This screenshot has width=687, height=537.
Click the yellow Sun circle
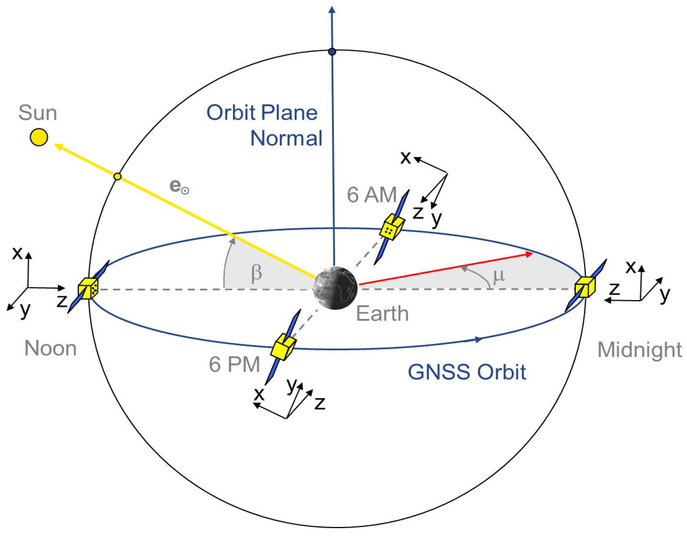tap(39, 137)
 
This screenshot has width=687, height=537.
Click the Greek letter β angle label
tap(256, 273)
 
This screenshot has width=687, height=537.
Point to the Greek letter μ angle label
tap(499, 276)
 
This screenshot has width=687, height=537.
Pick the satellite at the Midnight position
tap(585, 287)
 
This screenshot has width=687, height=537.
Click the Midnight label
tap(639, 350)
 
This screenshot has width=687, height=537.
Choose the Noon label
tap(51, 349)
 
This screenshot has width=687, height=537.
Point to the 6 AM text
tap(372, 195)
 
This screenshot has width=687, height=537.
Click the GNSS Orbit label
tap(467, 372)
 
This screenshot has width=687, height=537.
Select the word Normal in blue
tap(286, 138)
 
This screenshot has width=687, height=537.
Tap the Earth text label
tap(382, 314)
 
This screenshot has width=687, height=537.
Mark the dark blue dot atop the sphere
tap(332, 52)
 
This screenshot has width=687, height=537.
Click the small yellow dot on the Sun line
tap(117, 176)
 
